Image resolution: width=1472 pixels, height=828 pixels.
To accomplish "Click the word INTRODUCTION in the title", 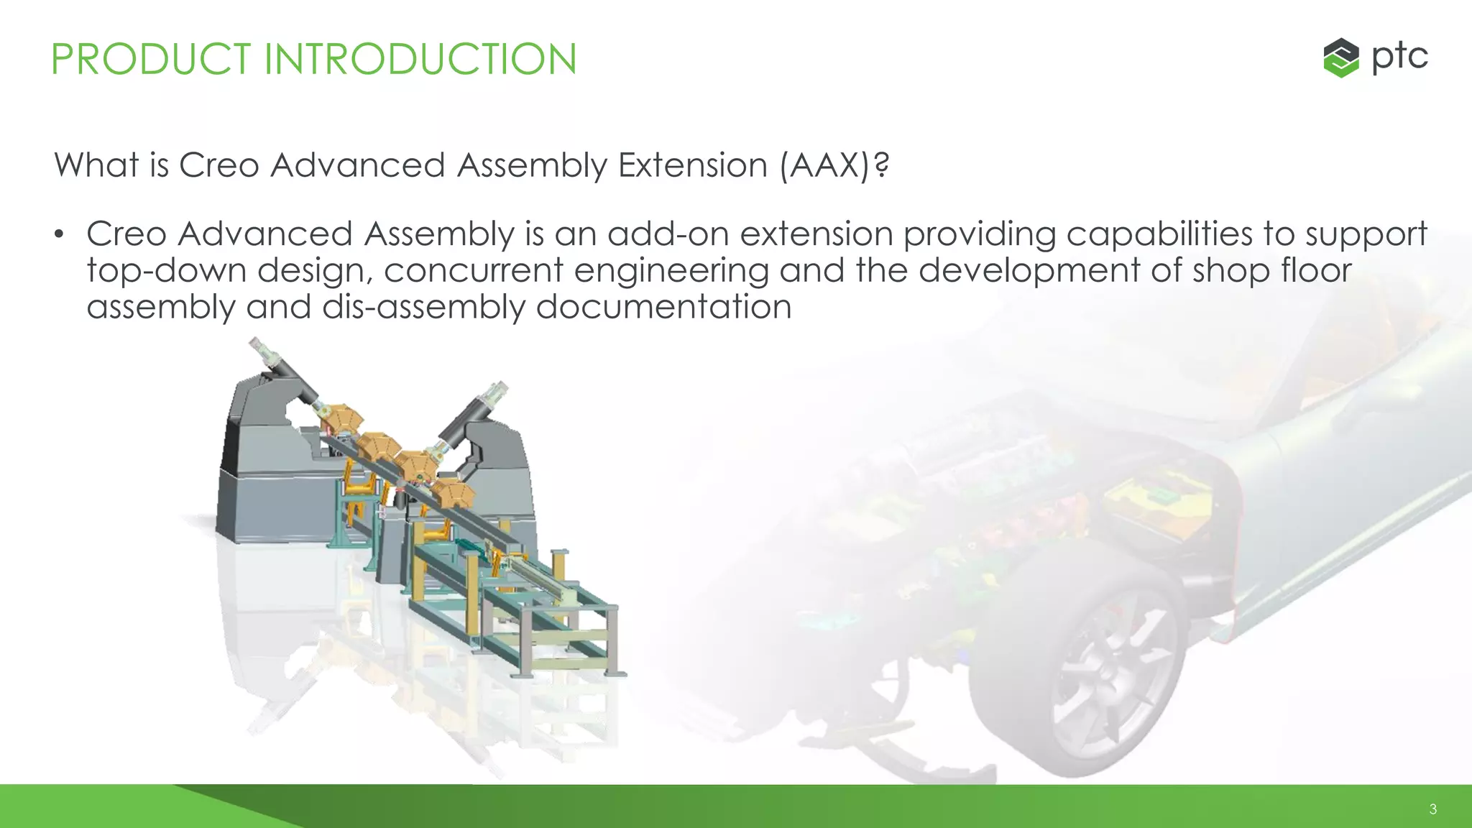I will point(420,59).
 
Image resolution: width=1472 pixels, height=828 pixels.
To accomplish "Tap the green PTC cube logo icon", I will point(1340,57).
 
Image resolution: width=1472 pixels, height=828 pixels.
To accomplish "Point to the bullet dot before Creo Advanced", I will point(60,235).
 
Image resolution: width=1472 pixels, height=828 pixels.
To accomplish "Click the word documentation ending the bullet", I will point(663,308).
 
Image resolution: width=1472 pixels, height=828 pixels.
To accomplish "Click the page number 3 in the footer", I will point(1432,809).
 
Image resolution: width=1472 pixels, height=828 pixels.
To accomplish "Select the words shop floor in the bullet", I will point(1272,271).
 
